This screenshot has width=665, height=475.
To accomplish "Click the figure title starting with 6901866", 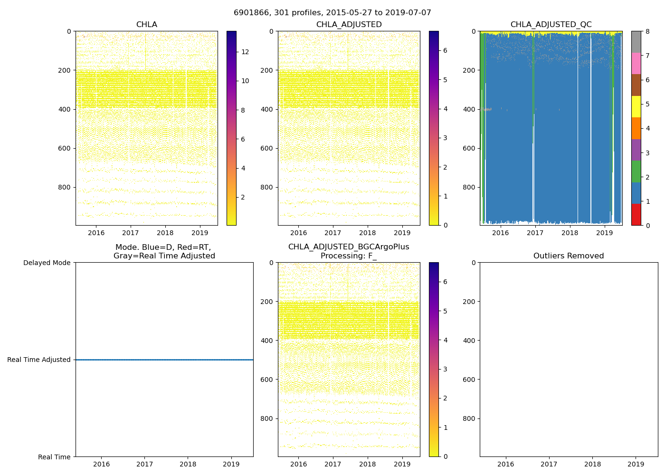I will coord(332,13).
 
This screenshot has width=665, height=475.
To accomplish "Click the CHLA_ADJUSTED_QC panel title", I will coord(551,25).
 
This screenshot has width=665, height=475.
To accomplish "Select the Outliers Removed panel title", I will coord(569,256).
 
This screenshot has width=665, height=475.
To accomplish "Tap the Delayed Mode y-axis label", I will coord(47,263).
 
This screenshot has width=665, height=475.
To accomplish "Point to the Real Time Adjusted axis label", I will coord(39,360).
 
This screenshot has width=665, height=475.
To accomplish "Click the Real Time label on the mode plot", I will coord(54,457).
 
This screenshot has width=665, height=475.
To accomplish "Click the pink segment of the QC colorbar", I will coord(636,63).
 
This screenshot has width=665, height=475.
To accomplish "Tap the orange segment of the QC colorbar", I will coord(636,128).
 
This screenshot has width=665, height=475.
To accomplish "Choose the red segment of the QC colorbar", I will coord(636,215).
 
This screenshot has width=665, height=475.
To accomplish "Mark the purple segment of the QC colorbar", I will coord(636,150).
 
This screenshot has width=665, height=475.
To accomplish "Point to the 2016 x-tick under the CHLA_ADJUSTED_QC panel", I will coord(501,233).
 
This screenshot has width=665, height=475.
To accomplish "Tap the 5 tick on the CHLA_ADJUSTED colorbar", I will coord(445,79).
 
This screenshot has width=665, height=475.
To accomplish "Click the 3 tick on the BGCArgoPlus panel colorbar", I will coord(445,369).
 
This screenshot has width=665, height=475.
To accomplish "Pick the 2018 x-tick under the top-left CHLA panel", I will coord(165,233).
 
